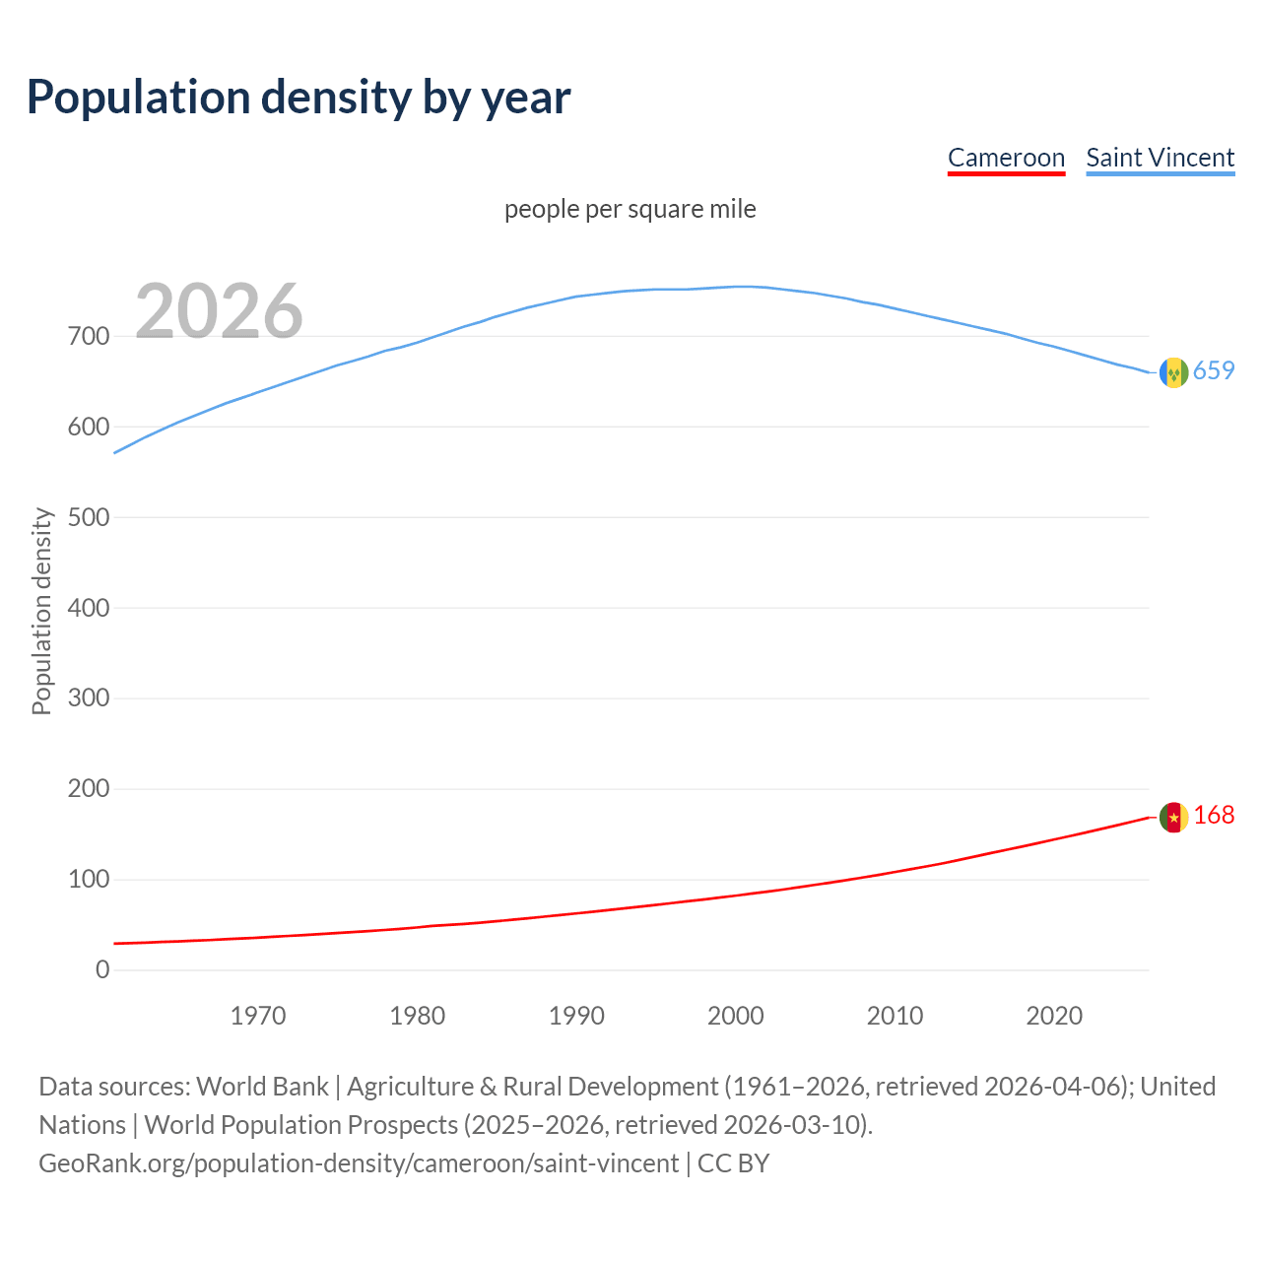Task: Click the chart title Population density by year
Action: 299,98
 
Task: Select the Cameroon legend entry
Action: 1006,158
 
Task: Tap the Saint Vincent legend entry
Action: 1160,158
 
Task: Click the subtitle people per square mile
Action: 630,209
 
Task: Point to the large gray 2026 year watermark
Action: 219,311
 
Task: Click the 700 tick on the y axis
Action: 89,337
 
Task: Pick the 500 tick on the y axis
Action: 89,517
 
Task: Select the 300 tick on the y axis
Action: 89,698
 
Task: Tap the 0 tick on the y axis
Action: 102,969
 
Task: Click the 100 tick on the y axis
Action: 89,880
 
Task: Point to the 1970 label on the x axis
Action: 258,1016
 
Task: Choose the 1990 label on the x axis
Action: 576,1016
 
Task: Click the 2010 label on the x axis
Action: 895,1016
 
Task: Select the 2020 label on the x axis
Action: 1054,1016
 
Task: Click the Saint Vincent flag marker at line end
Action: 1173,372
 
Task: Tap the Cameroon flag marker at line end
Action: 1173,817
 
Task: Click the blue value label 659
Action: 1214,371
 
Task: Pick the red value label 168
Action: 1214,816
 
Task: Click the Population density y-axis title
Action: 41,611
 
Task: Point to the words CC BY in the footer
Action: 733,1163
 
